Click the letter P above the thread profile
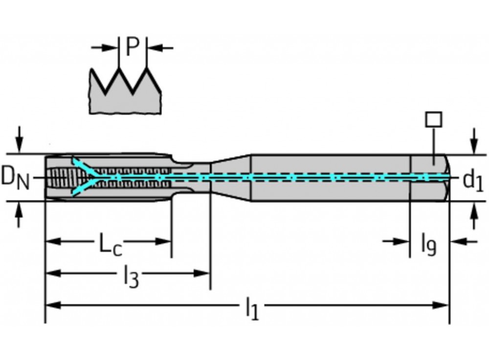(133, 47)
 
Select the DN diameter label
(16, 178)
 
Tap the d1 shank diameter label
(473, 180)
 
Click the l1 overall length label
(252, 309)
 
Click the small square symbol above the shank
(434, 120)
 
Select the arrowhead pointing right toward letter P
(111, 48)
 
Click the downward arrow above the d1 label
(474, 140)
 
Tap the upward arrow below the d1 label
(474, 216)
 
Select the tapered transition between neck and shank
(231, 178)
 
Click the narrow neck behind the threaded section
(192, 178)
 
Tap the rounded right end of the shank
(446, 178)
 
